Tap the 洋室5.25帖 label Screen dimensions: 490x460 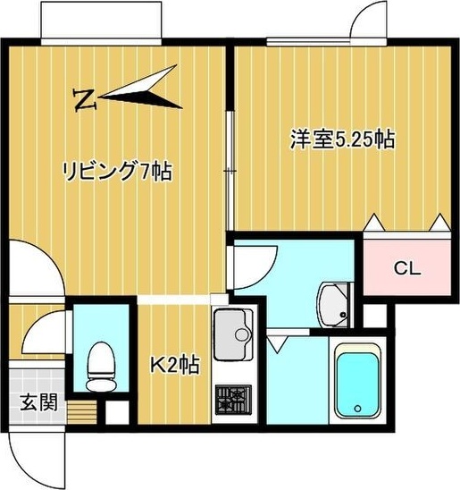pyautogui.click(x=342, y=139)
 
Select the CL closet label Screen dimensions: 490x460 pyautogui.click(x=407, y=267)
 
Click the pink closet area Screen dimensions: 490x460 pyautogui.click(x=408, y=268)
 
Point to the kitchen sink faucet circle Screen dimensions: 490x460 pyautogui.click(x=243, y=335)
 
